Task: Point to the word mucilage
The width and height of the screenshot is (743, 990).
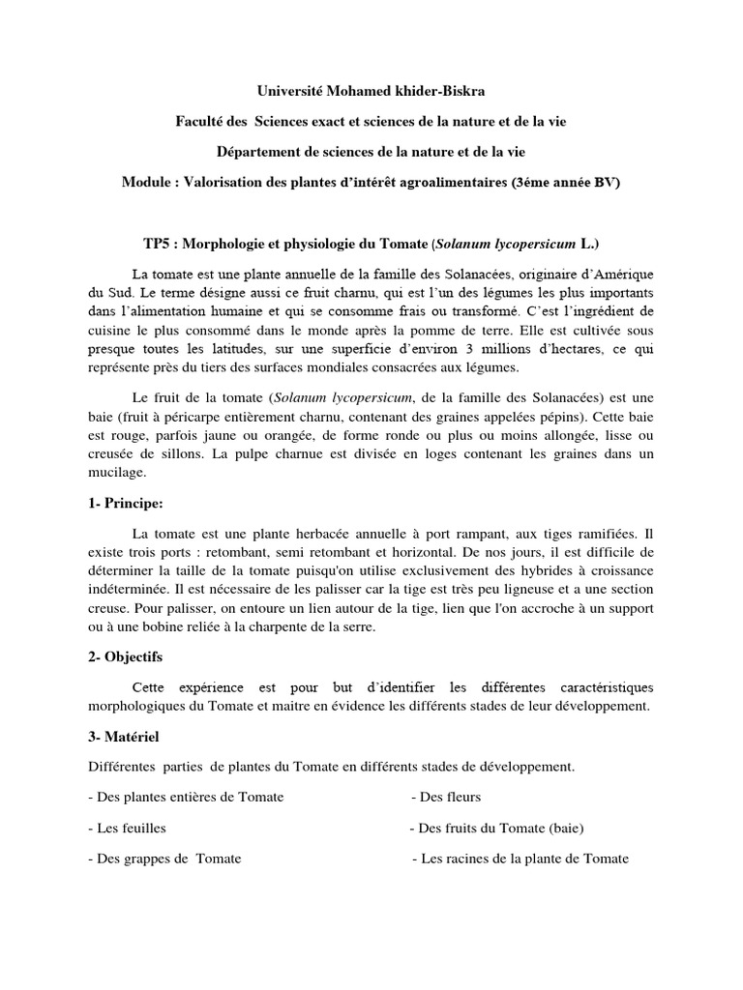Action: pyautogui.click(x=115, y=473)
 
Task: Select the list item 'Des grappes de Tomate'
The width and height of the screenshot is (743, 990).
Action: pyautogui.click(x=163, y=859)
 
